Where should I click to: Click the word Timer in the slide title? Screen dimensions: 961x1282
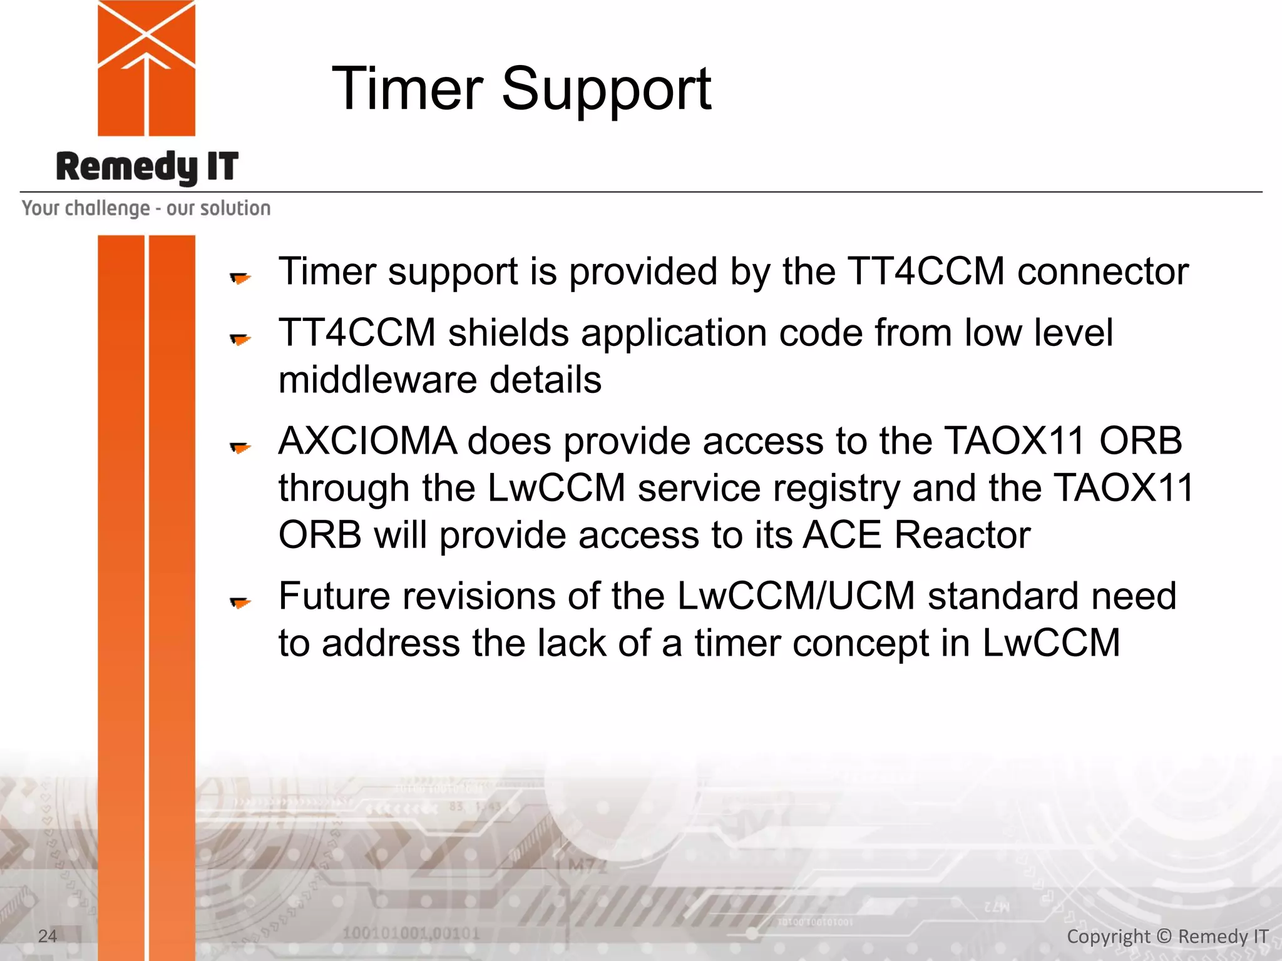click(x=407, y=89)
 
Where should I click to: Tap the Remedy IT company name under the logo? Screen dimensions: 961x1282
click(x=147, y=167)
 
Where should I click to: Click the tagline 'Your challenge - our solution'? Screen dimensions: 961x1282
click(x=146, y=208)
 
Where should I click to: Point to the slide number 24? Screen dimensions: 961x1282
click(x=48, y=936)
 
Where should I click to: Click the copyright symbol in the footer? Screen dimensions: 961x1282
click(x=1164, y=936)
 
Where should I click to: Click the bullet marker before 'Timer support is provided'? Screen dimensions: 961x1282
click(x=240, y=277)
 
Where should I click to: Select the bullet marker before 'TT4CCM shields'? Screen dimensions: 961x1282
click(x=240, y=338)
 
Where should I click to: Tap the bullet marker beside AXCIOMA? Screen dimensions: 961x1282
click(x=240, y=447)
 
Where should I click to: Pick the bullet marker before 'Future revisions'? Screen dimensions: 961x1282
click(x=240, y=602)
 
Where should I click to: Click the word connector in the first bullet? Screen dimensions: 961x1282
click(x=1102, y=272)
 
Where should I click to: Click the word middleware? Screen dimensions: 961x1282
click(x=377, y=380)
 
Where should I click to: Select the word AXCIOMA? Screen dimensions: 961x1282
click(x=367, y=441)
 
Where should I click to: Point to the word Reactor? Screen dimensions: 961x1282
click(x=962, y=536)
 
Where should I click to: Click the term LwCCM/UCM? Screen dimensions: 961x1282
click(x=796, y=596)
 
